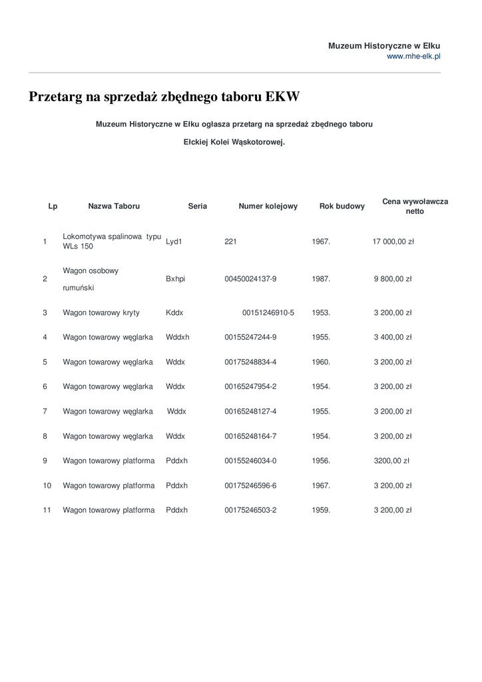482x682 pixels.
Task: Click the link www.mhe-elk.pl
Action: pos(413,57)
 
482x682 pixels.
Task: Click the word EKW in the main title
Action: pos(282,97)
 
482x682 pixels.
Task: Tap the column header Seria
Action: pos(197,206)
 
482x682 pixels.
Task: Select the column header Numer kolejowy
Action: pos(268,206)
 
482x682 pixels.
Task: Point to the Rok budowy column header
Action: pos(342,206)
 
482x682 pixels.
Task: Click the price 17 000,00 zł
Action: pos(393,242)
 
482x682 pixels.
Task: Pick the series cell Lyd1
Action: pos(174,242)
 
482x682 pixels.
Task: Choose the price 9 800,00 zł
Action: pos(393,280)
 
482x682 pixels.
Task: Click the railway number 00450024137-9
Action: pos(250,280)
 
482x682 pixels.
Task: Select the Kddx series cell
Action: pos(174,312)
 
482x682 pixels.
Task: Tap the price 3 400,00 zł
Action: pos(393,337)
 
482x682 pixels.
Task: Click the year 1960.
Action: pos(321,362)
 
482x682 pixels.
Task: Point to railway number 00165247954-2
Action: pos(250,387)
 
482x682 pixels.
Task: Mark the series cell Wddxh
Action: pos(177,337)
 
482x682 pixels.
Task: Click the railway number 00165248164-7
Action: pos(250,436)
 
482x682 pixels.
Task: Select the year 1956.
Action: pos(321,461)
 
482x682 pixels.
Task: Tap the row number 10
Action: pos(47,486)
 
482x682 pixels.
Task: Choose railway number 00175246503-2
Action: pos(250,510)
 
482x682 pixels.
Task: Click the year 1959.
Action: pos(321,510)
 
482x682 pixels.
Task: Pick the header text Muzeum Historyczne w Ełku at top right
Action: pos(384,46)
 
